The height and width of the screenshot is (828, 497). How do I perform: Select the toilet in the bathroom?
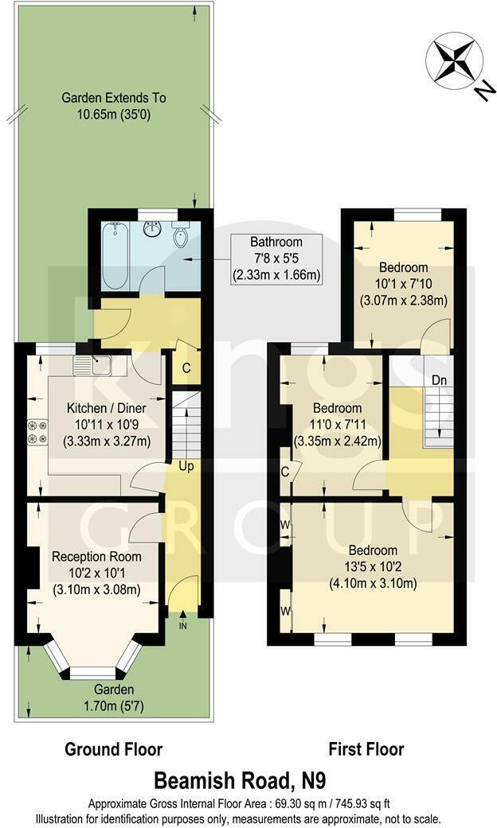click(x=181, y=235)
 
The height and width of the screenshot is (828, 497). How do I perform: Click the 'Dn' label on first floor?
click(x=439, y=380)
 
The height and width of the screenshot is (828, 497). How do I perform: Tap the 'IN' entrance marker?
click(x=183, y=626)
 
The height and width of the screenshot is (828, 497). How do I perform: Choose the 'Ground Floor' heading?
click(x=113, y=749)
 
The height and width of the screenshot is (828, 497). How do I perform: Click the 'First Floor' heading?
click(x=366, y=749)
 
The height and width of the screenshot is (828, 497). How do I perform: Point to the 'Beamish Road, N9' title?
click(x=248, y=778)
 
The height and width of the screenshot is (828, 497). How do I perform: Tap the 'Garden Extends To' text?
click(x=114, y=99)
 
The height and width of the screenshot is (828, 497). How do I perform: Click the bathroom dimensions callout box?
click(x=276, y=259)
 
